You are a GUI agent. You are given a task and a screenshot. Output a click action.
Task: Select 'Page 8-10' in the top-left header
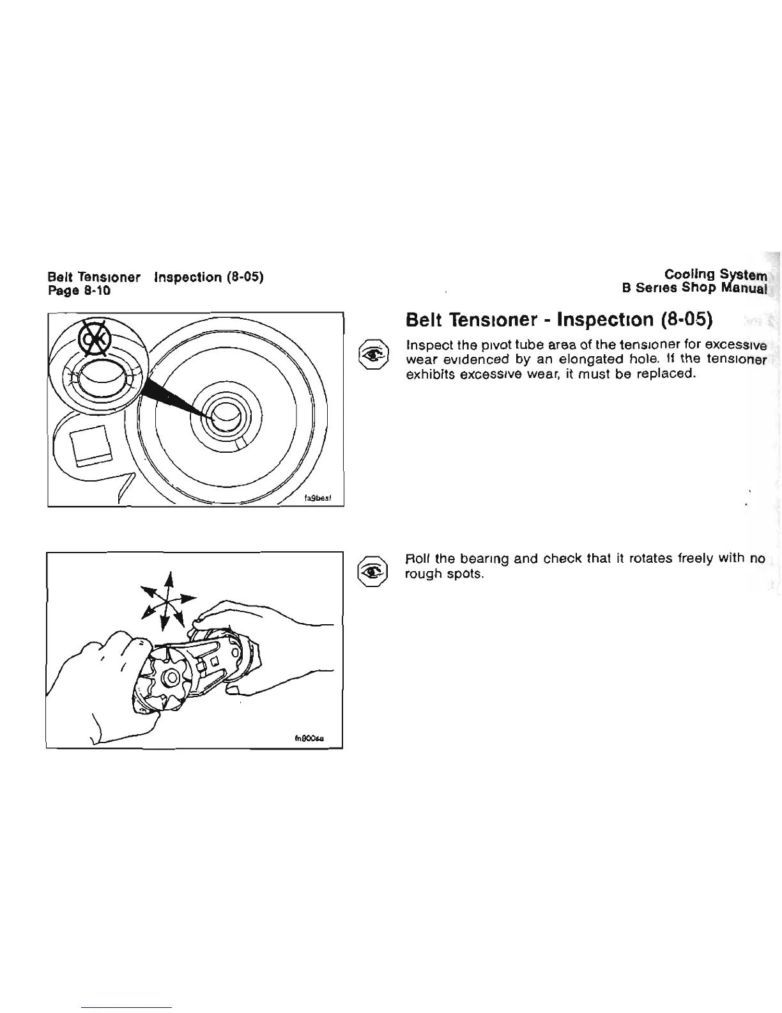coord(79,291)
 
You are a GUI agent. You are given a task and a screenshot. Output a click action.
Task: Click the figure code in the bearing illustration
coord(309,737)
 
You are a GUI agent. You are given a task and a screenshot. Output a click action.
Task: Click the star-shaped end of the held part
coord(169,677)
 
